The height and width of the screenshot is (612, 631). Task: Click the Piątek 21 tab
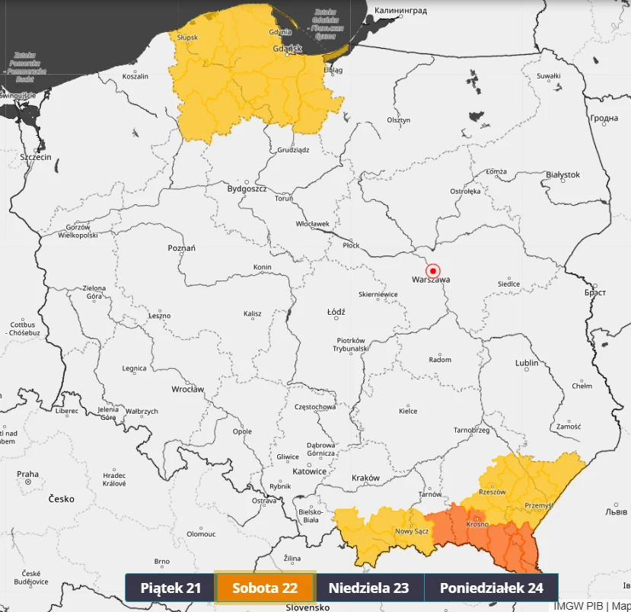[170, 588]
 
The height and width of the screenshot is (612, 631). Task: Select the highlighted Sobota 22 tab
[265, 588]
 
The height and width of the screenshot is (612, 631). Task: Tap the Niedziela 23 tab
[368, 588]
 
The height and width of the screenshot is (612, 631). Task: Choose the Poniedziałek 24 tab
[491, 588]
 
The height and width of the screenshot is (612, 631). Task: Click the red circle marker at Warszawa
[433, 271]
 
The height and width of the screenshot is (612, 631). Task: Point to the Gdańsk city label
[287, 49]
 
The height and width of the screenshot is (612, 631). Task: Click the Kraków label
[365, 478]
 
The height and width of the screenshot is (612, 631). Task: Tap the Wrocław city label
[187, 389]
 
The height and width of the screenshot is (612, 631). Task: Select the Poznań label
[182, 248]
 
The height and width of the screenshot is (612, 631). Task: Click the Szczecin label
[36, 157]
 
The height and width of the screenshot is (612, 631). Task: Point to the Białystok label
[562, 175]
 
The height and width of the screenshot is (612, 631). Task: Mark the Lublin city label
[527, 363]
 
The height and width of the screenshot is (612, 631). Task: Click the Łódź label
[336, 312]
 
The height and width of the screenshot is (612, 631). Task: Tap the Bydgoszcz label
[247, 188]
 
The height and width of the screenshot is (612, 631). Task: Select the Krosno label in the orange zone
[477, 524]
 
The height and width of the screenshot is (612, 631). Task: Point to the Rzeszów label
[492, 492]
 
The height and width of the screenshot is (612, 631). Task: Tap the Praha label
[27, 474]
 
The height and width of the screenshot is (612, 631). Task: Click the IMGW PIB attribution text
[579, 606]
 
